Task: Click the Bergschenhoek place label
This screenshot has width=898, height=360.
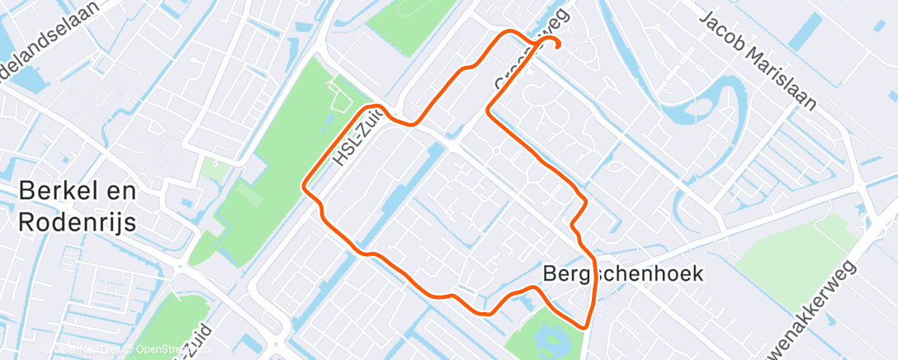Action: click(624, 273)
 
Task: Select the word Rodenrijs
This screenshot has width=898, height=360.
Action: click(78, 221)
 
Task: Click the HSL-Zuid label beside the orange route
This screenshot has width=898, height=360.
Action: click(357, 138)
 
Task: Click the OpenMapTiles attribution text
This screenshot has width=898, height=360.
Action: click(86, 349)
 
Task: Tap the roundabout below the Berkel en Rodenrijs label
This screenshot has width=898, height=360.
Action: click(179, 267)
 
